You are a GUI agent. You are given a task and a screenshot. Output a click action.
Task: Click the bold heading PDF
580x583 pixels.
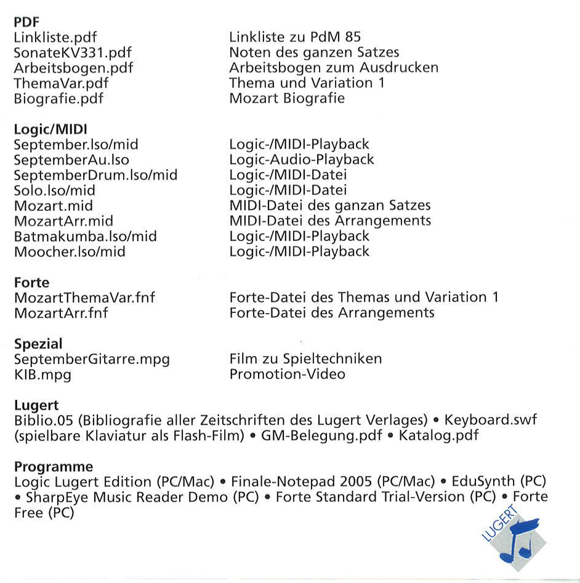(26, 23)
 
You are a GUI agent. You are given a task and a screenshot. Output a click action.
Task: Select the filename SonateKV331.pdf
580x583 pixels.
(73, 53)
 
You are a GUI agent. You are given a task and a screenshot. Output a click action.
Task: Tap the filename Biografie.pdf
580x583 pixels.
(59, 98)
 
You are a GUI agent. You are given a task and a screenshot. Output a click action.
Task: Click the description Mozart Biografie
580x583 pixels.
(287, 98)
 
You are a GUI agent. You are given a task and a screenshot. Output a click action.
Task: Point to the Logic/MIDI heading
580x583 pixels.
(50, 129)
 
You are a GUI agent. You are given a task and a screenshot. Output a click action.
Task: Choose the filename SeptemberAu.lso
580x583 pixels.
(71, 160)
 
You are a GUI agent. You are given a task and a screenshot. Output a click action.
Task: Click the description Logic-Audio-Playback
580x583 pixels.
(302, 160)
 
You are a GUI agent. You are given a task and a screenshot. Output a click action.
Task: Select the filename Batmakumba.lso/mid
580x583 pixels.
(85, 236)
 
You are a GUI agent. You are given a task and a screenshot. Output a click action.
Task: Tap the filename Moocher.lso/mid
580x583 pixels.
(70, 252)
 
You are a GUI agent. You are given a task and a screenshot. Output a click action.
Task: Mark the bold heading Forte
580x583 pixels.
(31, 282)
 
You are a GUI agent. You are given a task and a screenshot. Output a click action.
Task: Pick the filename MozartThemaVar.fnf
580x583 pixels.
(84, 298)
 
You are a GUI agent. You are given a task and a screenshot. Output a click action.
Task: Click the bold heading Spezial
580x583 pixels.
(38, 344)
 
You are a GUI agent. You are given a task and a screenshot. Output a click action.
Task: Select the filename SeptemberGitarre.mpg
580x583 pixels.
(92, 359)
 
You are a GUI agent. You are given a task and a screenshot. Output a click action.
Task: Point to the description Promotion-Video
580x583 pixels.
(287, 374)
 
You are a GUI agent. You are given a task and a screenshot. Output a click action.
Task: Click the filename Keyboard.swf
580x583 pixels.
(491, 420)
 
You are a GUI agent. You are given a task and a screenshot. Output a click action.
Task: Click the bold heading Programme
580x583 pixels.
(54, 467)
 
